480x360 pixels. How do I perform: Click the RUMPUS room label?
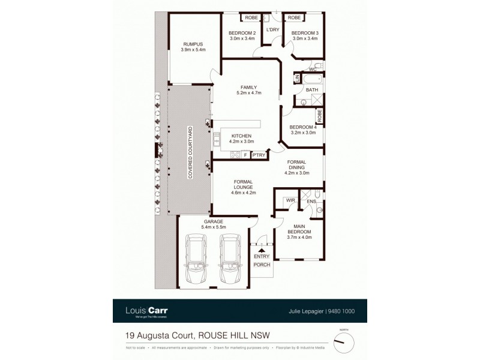coord(193,44)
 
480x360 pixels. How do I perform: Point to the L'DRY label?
coord(274,29)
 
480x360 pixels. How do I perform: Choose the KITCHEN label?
coord(241,136)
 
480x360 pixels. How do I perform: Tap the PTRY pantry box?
coord(259,155)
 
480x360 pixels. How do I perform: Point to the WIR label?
coord(289,200)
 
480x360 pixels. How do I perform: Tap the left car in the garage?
coord(196,262)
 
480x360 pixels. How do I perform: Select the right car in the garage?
coord(230,262)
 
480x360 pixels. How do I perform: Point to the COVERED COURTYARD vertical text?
coord(190,151)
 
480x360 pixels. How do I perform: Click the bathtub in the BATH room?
coord(310,79)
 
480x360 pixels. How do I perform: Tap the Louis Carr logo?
coord(146,311)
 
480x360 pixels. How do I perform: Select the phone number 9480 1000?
coord(342,311)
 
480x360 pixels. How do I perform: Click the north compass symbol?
coord(343,343)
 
